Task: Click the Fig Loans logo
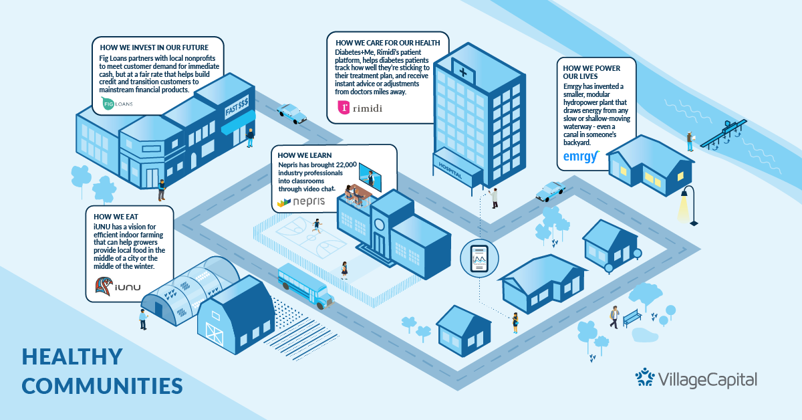(117, 104)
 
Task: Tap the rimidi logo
(360, 108)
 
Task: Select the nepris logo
(301, 202)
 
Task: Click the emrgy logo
(581, 156)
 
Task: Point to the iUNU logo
(118, 286)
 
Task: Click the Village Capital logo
(696, 379)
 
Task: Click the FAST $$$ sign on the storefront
(237, 107)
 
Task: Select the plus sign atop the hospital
(463, 72)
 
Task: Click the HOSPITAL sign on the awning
(450, 170)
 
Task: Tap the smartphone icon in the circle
(479, 258)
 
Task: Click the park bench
(632, 318)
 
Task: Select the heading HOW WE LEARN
(305, 155)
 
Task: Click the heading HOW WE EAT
(116, 217)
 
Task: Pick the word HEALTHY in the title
(72, 356)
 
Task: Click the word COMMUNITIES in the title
(102, 386)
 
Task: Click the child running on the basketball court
(317, 226)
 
